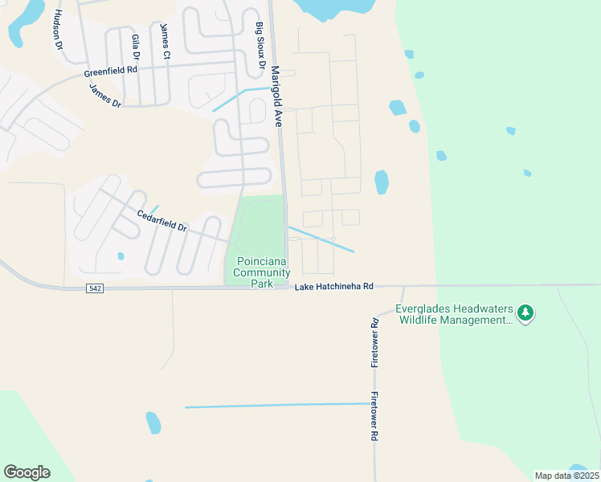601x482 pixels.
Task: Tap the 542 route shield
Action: tap(95, 288)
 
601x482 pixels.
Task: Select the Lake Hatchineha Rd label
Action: tap(334, 287)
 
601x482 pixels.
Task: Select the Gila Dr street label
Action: tap(136, 49)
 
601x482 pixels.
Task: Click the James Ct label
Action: tap(165, 41)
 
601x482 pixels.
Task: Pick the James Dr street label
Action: tap(104, 96)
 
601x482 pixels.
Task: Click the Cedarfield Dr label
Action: tap(161, 221)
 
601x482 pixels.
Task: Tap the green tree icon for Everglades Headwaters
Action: tap(525, 312)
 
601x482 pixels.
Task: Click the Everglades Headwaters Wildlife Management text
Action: tap(455, 314)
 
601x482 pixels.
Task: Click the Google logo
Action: tap(27, 472)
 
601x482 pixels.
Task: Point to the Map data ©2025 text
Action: tap(566, 476)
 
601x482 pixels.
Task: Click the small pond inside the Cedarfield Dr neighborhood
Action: tap(121, 256)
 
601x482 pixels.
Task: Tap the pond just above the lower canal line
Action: tap(153, 422)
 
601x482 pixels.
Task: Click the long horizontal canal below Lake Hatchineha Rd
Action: tap(281, 406)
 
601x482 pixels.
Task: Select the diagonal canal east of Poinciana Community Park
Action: tap(321, 239)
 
